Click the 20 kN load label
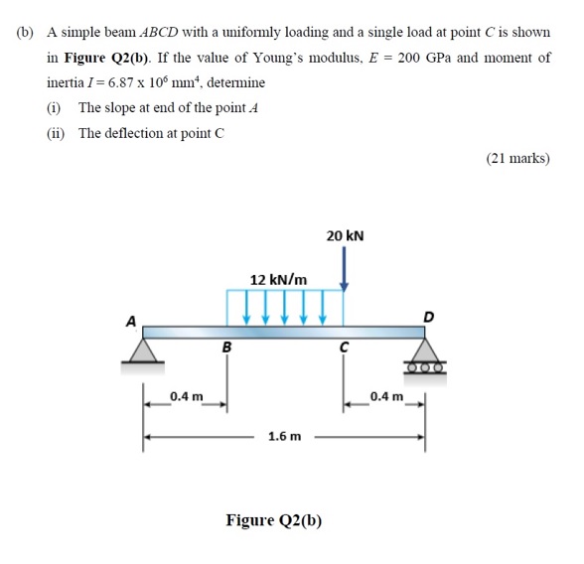pyautogui.click(x=345, y=235)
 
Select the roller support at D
pyautogui.click(x=427, y=355)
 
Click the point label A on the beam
pyautogui.click(x=129, y=320)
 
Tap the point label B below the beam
pyautogui.click(x=226, y=348)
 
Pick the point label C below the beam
pyautogui.click(x=344, y=348)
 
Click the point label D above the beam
pyautogui.click(x=428, y=317)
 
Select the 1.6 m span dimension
pyautogui.click(x=285, y=436)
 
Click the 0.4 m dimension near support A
pyautogui.click(x=186, y=397)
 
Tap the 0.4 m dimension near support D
pyautogui.click(x=385, y=397)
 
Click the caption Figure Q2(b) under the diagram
pyautogui.click(x=274, y=520)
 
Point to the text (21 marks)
pyautogui.click(x=517, y=158)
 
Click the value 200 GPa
pyautogui.click(x=424, y=58)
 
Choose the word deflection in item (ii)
pyautogui.click(x=132, y=134)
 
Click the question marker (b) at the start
pyautogui.click(x=26, y=32)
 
